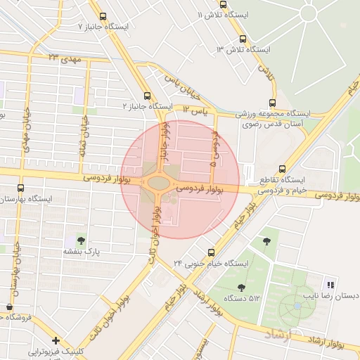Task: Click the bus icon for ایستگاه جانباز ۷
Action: [103, 16]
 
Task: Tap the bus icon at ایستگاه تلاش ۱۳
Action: [243, 39]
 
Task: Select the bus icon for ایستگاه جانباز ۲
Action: [147, 96]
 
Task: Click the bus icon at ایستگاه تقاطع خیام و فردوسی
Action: [282, 169]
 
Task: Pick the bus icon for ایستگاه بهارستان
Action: [20, 188]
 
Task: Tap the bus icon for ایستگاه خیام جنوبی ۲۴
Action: [211, 252]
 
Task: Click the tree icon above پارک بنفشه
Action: [83, 240]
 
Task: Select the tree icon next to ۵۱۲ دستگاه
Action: [242, 287]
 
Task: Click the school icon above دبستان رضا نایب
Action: [330, 285]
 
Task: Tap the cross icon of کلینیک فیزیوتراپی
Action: [56, 340]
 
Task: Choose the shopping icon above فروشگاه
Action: [9, 307]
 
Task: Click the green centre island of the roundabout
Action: [160, 184]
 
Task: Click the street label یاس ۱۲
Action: [195, 111]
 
